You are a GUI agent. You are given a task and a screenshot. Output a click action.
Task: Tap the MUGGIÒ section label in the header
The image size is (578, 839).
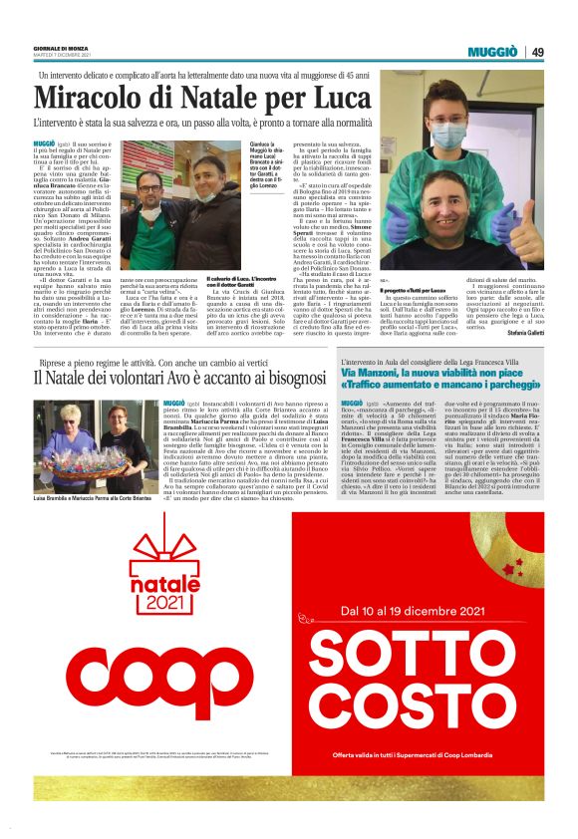tap(498, 51)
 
